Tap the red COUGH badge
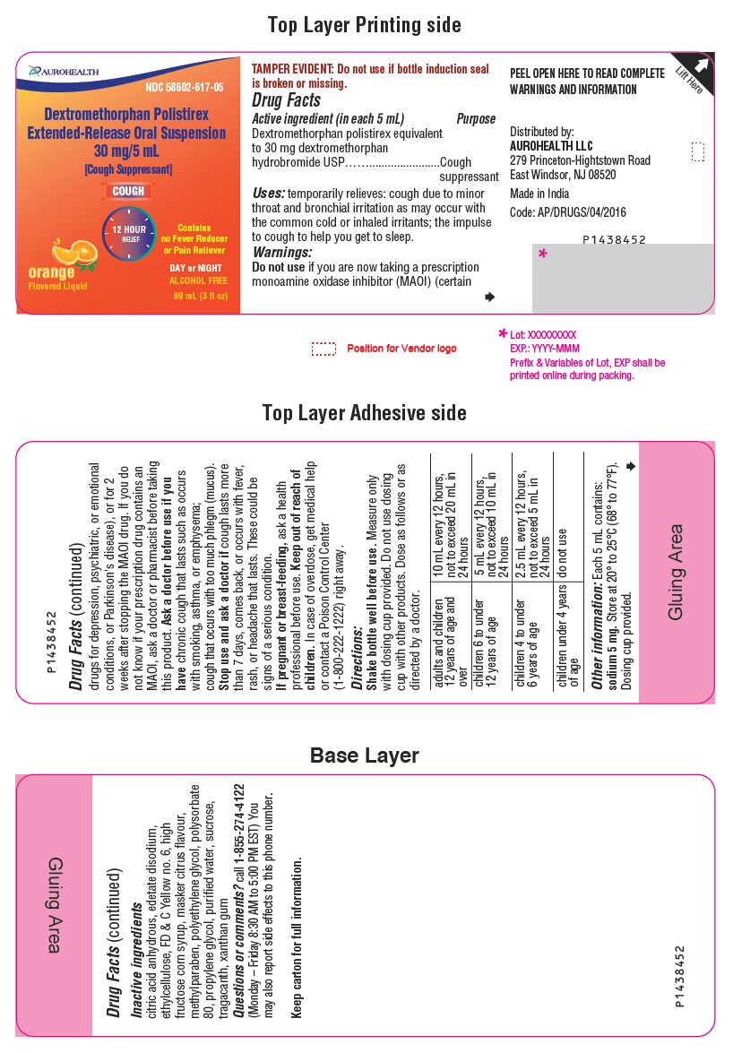pos(127,191)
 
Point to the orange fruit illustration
pos(73,254)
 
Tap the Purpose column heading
pos(475,119)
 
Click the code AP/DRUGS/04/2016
pos(568,212)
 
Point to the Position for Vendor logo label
pos(401,349)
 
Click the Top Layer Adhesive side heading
pos(364,412)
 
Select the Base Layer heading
pos(364,755)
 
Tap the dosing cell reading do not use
pos(563,538)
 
